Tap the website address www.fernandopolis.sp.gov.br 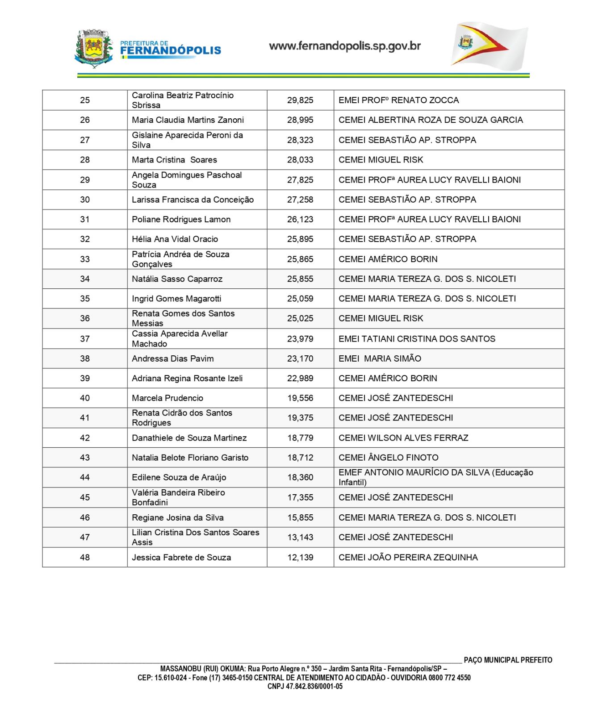(x=345, y=46)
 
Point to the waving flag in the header (x=489, y=46)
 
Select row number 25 (x=85, y=100)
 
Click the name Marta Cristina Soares (x=174, y=160)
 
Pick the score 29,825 (x=300, y=100)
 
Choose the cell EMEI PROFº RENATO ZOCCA (x=398, y=100)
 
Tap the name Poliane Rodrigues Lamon (x=181, y=219)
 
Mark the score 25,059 (x=300, y=299)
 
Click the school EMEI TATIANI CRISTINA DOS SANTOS (x=417, y=339)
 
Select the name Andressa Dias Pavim (x=172, y=358)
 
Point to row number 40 (x=85, y=398)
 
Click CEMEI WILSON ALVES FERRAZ (x=403, y=438)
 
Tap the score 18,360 (x=300, y=477)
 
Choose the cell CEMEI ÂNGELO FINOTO (x=389, y=458)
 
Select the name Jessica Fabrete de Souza (x=181, y=557)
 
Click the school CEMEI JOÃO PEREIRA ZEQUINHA (x=408, y=557)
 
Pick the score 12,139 (x=300, y=557)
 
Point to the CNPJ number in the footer (x=305, y=687)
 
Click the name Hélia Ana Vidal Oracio (x=175, y=239)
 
